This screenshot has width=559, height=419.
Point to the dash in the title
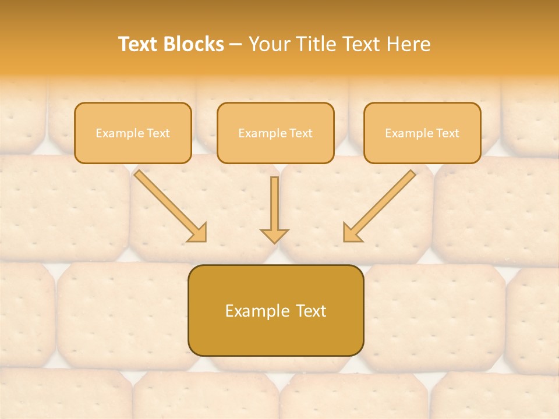point(236,44)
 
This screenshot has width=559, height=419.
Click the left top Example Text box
point(133,133)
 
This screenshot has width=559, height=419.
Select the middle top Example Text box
point(275,133)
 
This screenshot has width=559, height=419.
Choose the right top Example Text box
point(422,133)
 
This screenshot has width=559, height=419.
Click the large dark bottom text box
point(275,310)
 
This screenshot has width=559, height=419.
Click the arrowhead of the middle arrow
point(274,235)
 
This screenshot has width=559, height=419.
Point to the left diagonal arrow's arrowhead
point(198,233)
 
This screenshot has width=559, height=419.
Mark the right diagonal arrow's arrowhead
point(352,233)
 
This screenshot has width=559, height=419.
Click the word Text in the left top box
point(158,133)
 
